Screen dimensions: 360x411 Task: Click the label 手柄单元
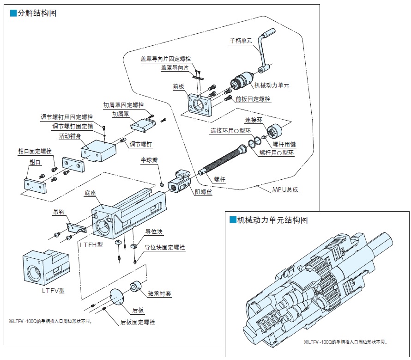tap(241, 41)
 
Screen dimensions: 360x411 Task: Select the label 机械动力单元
tap(272, 85)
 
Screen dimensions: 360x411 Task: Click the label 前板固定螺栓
tap(253, 99)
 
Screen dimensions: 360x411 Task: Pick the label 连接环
tap(254, 120)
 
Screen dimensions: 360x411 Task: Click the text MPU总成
tap(285, 189)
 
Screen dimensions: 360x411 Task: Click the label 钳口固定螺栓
tap(35, 151)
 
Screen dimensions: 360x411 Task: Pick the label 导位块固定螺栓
tap(165, 248)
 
